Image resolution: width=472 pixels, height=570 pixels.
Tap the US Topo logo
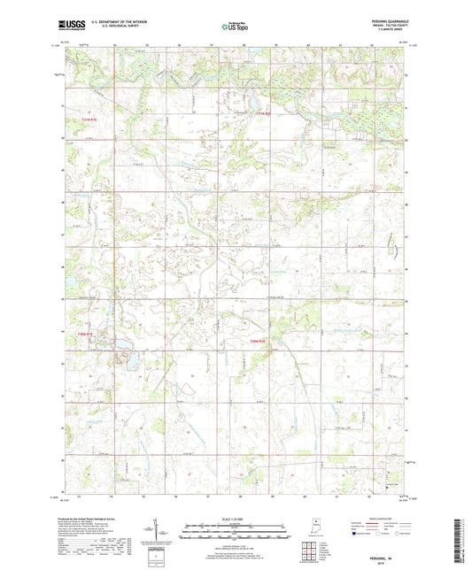236,27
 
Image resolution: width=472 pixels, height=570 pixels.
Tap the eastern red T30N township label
257,343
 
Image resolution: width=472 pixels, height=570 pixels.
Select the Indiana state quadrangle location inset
317,528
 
